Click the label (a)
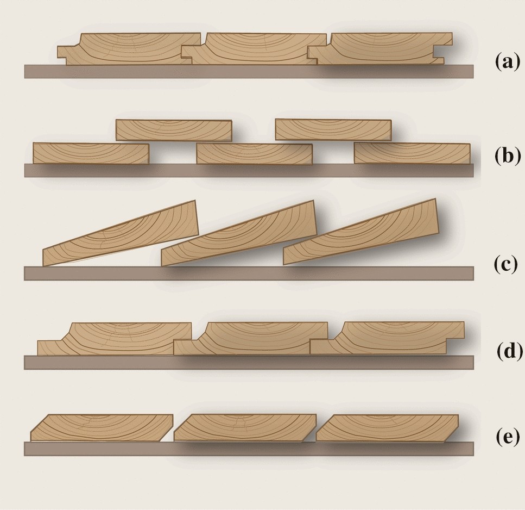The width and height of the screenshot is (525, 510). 508,63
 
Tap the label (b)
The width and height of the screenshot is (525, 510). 508,156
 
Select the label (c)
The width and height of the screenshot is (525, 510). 505,264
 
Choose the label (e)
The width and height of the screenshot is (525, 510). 508,437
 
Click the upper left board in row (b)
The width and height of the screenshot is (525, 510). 174,130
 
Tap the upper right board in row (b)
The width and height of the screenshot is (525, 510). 333,129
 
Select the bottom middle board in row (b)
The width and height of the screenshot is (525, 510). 255,154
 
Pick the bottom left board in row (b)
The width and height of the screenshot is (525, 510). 91,153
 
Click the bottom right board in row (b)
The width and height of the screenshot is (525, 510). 412,153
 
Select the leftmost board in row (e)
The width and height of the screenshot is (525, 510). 102,427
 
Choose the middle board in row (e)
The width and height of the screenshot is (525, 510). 245,427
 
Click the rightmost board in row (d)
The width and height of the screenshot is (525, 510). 387,338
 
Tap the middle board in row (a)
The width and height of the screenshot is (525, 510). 254,48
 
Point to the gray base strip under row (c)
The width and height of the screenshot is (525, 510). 249,273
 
